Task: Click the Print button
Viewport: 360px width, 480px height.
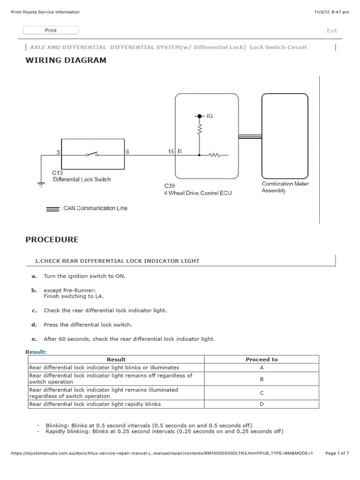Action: [51, 30]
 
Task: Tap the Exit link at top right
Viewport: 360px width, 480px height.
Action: [331, 31]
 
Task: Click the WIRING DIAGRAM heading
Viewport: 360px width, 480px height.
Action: [66, 60]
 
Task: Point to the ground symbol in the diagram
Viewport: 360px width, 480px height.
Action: [40, 185]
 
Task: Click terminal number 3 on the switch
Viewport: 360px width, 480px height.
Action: [58, 152]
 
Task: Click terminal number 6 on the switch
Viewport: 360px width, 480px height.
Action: [128, 152]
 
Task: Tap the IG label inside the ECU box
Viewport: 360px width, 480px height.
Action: [209, 116]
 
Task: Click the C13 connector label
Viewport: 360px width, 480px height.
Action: [57, 172]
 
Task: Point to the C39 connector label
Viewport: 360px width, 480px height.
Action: [169, 186]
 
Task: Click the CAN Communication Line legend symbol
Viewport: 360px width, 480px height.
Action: [52, 209]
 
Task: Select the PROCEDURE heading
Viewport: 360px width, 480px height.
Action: [52, 240]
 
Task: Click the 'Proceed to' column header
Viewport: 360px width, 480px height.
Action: [262, 360]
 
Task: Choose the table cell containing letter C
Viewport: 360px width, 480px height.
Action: [262, 393]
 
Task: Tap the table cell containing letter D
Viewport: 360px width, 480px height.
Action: [262, 404]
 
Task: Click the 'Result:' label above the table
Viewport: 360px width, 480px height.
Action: [36, 351]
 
